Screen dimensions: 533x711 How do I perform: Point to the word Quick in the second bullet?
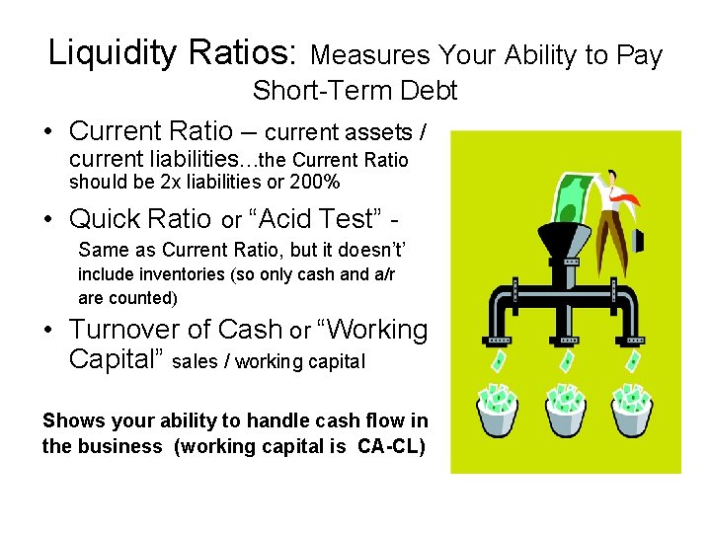click(109, 218)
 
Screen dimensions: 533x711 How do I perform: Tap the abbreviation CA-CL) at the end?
click(391, 446)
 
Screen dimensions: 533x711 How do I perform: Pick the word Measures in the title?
click(370, 54)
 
